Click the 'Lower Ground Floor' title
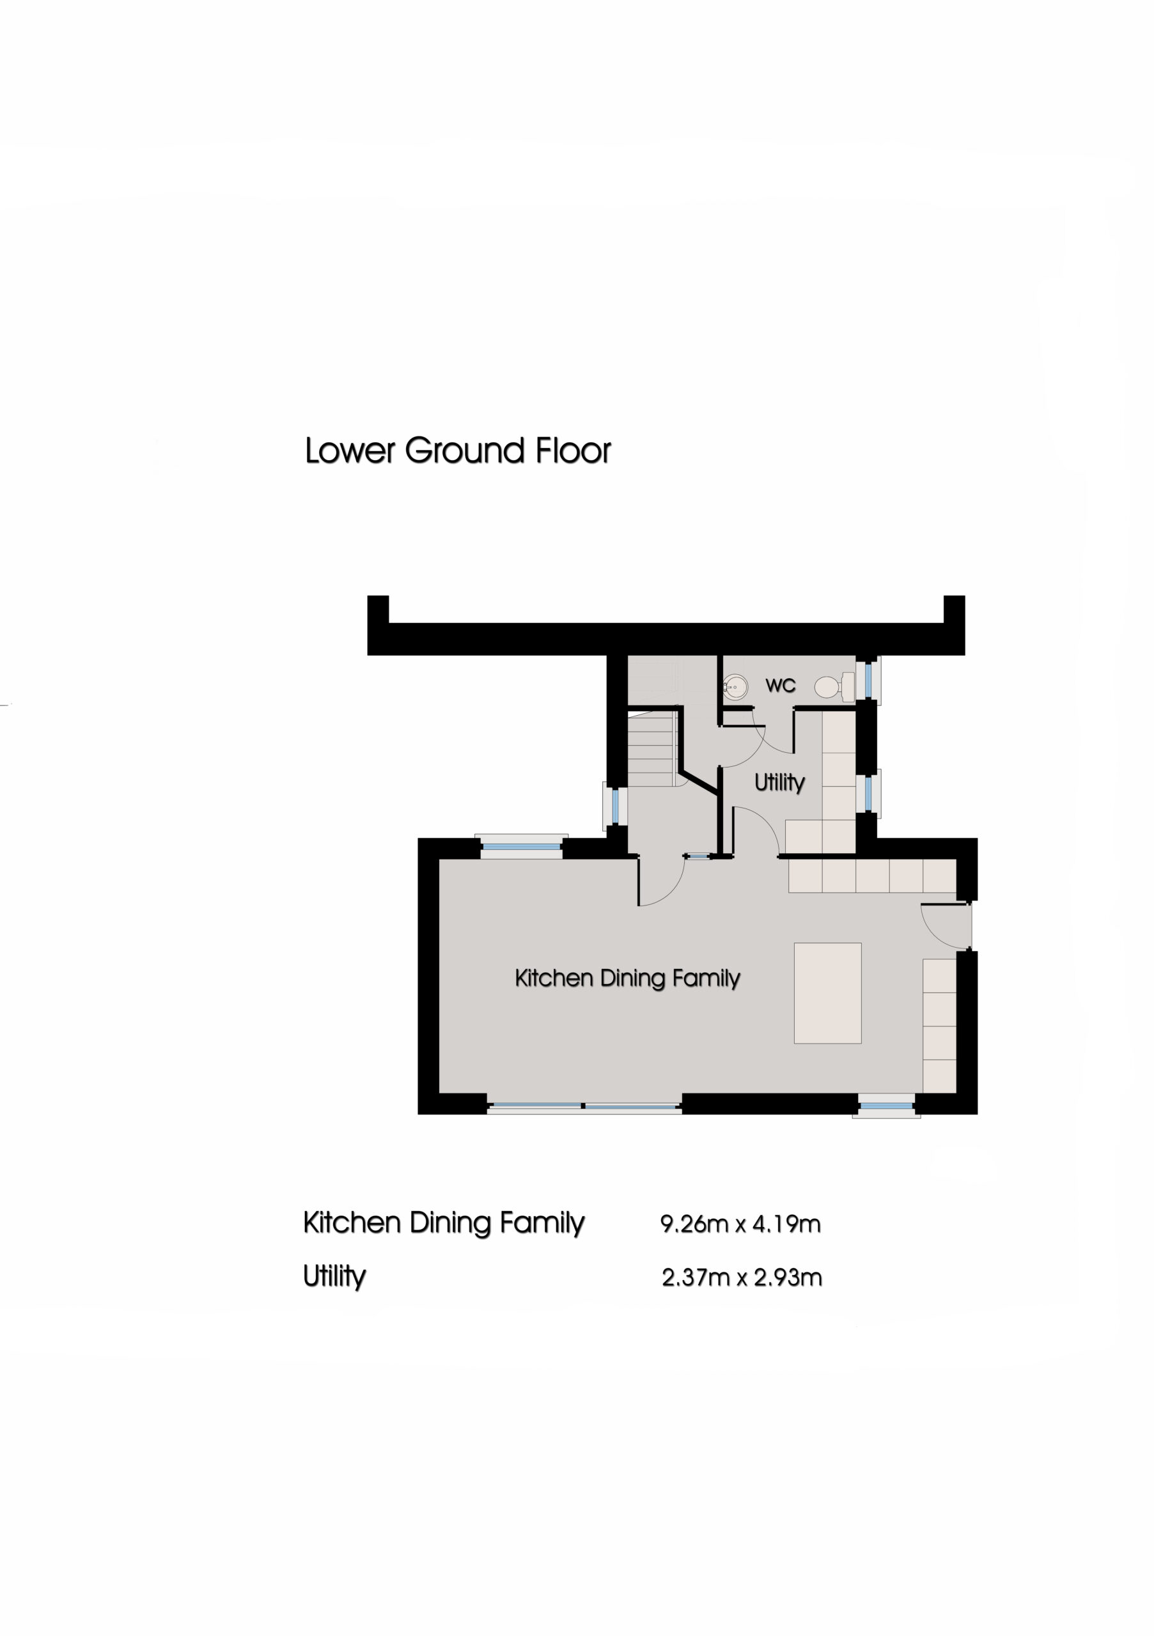tap(458, 451)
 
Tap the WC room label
tap(780, 686)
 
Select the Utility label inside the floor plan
tap(779, 782)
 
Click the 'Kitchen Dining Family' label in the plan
tap(627, 978)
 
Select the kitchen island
tap(827, 993)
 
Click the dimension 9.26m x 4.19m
tap(740, 1224)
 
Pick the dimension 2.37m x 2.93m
tap(741, 1277)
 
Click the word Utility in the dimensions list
tap(334, 1276)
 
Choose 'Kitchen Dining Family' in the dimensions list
tap(443, 1223)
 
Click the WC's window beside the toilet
tap(868, 680)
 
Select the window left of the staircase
tap(615, 806)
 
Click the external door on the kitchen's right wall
tap(946, 925)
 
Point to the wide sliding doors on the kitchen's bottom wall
tap(584, 1107)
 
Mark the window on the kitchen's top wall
tap(522, 847)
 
